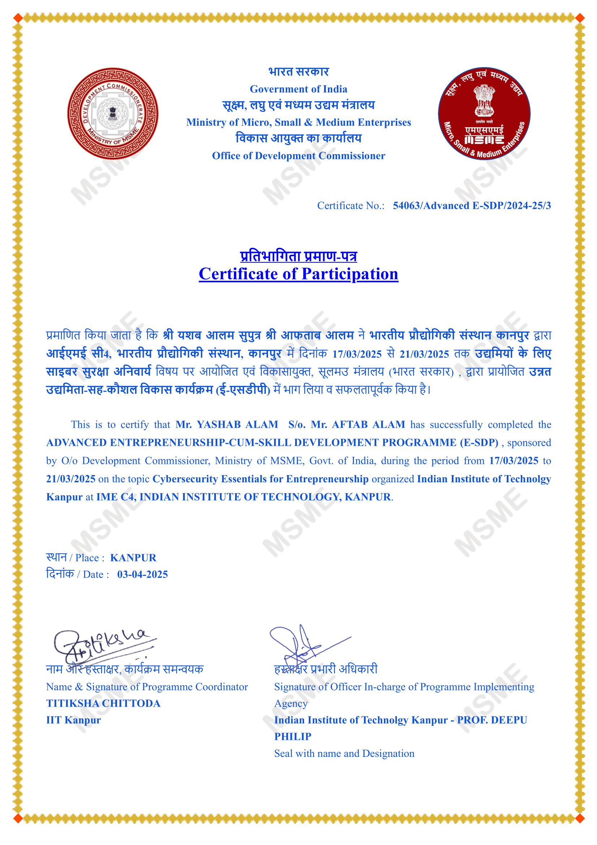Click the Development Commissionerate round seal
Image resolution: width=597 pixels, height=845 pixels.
(x=113, y=113)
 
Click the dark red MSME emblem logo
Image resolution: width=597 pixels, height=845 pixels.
(x=484, y=113)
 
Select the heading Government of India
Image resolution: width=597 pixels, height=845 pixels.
(x=298, y=89)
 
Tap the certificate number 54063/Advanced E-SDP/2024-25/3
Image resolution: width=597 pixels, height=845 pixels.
(x=472, y=205)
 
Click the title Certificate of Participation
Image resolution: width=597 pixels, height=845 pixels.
(x=298, y=274)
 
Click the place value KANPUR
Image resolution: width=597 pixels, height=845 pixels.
(x=133, y=557)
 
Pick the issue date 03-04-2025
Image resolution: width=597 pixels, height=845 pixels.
(x=142, y=574)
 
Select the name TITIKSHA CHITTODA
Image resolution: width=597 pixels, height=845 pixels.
(x=103, y=703)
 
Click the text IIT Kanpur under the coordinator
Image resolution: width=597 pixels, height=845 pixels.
(x=73, y=720)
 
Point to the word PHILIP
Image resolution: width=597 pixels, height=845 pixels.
(x=293, y=736)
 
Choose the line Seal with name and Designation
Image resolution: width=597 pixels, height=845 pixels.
(x=344, y=753)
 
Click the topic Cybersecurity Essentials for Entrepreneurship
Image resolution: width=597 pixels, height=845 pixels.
(x=260, y=479)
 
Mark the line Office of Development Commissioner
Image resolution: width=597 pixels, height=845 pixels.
(x=298, y=156)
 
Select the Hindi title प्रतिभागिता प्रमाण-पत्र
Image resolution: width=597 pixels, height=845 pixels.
(x=298, y=256)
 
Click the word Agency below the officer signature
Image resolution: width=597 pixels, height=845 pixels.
(x=291, y=703)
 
